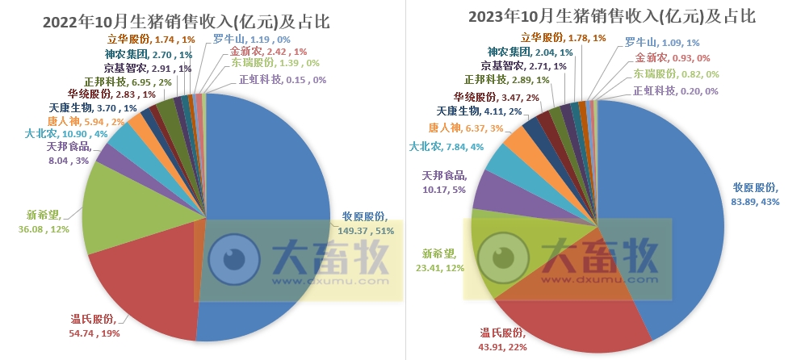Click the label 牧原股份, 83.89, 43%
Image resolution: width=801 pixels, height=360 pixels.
point(756,194)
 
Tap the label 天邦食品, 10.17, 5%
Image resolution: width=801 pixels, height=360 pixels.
point(444,182)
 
